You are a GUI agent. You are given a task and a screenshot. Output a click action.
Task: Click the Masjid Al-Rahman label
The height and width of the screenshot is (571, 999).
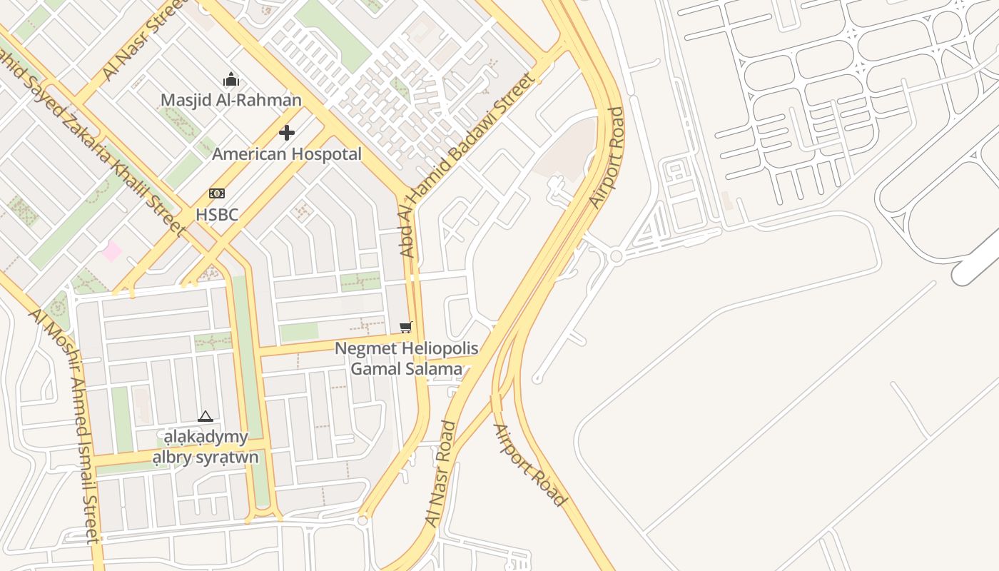[230, 100]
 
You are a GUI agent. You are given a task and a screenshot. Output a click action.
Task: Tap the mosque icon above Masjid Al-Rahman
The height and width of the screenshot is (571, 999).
[230, 79]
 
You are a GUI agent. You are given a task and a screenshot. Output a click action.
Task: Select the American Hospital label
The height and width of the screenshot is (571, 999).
[287, 153]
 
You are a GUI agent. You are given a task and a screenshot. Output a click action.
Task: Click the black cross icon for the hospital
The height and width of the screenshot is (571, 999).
[287, 133]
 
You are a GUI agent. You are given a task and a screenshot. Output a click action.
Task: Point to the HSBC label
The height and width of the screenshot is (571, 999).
[217, 214]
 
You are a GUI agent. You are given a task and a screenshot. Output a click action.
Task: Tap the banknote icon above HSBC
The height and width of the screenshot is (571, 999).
[217, 193]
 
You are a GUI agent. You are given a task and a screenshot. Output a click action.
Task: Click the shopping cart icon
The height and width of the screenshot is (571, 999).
[406, 328]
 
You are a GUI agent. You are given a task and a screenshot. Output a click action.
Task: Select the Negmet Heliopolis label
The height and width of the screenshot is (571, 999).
[406, 349]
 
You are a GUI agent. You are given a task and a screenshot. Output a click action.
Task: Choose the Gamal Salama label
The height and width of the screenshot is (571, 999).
[406, 369]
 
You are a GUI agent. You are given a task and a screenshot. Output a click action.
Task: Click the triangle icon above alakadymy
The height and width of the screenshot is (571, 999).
[206, 416]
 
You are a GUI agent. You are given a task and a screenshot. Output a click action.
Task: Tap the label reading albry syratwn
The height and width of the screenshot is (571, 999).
[206, 457]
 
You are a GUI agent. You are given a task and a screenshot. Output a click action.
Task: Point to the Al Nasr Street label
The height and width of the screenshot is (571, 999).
[143, 44]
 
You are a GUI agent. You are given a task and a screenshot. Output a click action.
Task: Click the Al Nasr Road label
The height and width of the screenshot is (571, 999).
[440, 475]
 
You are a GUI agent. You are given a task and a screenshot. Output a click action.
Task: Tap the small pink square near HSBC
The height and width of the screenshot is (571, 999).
[111, 251]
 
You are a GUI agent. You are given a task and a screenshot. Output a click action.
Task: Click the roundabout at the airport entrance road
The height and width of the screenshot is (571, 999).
[616, 256]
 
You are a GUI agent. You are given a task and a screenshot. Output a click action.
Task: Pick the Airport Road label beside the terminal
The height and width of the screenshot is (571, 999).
[607, 158]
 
